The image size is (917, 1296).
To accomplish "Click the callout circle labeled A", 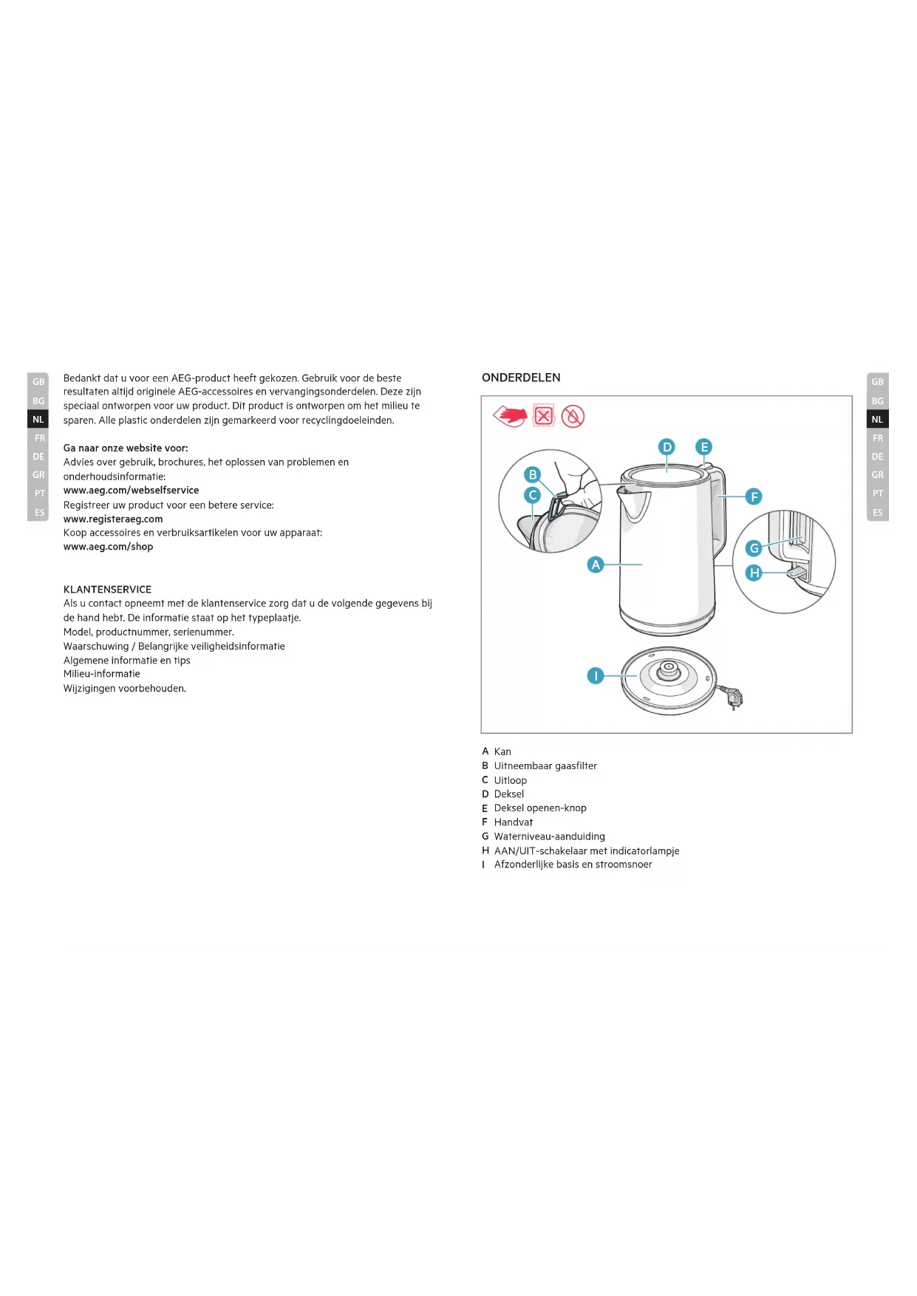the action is [x=596, y=565].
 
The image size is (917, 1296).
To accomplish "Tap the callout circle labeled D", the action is [x=667, y=447].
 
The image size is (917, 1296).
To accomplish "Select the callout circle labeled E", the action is [x=704, y=447].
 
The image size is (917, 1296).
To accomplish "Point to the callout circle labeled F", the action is [x=754, y=497].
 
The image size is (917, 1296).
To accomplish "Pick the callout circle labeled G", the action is [x=754, y=548].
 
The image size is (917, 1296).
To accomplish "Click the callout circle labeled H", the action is [x=754, y=573].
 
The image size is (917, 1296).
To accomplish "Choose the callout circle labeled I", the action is [x=596, y=675].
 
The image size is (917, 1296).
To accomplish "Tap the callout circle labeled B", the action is [x=532, y=474].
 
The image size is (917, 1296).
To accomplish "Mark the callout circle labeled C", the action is [x=532, y=495].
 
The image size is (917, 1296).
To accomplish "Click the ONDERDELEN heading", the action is [x=521, y=378].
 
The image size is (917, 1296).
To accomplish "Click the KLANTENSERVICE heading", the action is [x=107, y=590].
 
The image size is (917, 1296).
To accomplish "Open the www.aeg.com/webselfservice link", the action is [x=131, y=491].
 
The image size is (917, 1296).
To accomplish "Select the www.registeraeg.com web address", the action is [x=113, y=519].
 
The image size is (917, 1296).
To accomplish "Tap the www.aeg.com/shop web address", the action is [x=108, y=547].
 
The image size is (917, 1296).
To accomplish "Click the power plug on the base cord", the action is [x=734, y=697].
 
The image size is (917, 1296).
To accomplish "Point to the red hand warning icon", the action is [x=511, y=416].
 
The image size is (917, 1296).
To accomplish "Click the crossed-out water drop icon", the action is [x=573, y=417].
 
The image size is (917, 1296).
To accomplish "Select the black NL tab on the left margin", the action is [x=38, y=420].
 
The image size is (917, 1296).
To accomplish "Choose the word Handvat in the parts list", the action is [x=514, y=822].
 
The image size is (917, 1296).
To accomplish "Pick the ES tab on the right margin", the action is [x=877, y=512].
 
